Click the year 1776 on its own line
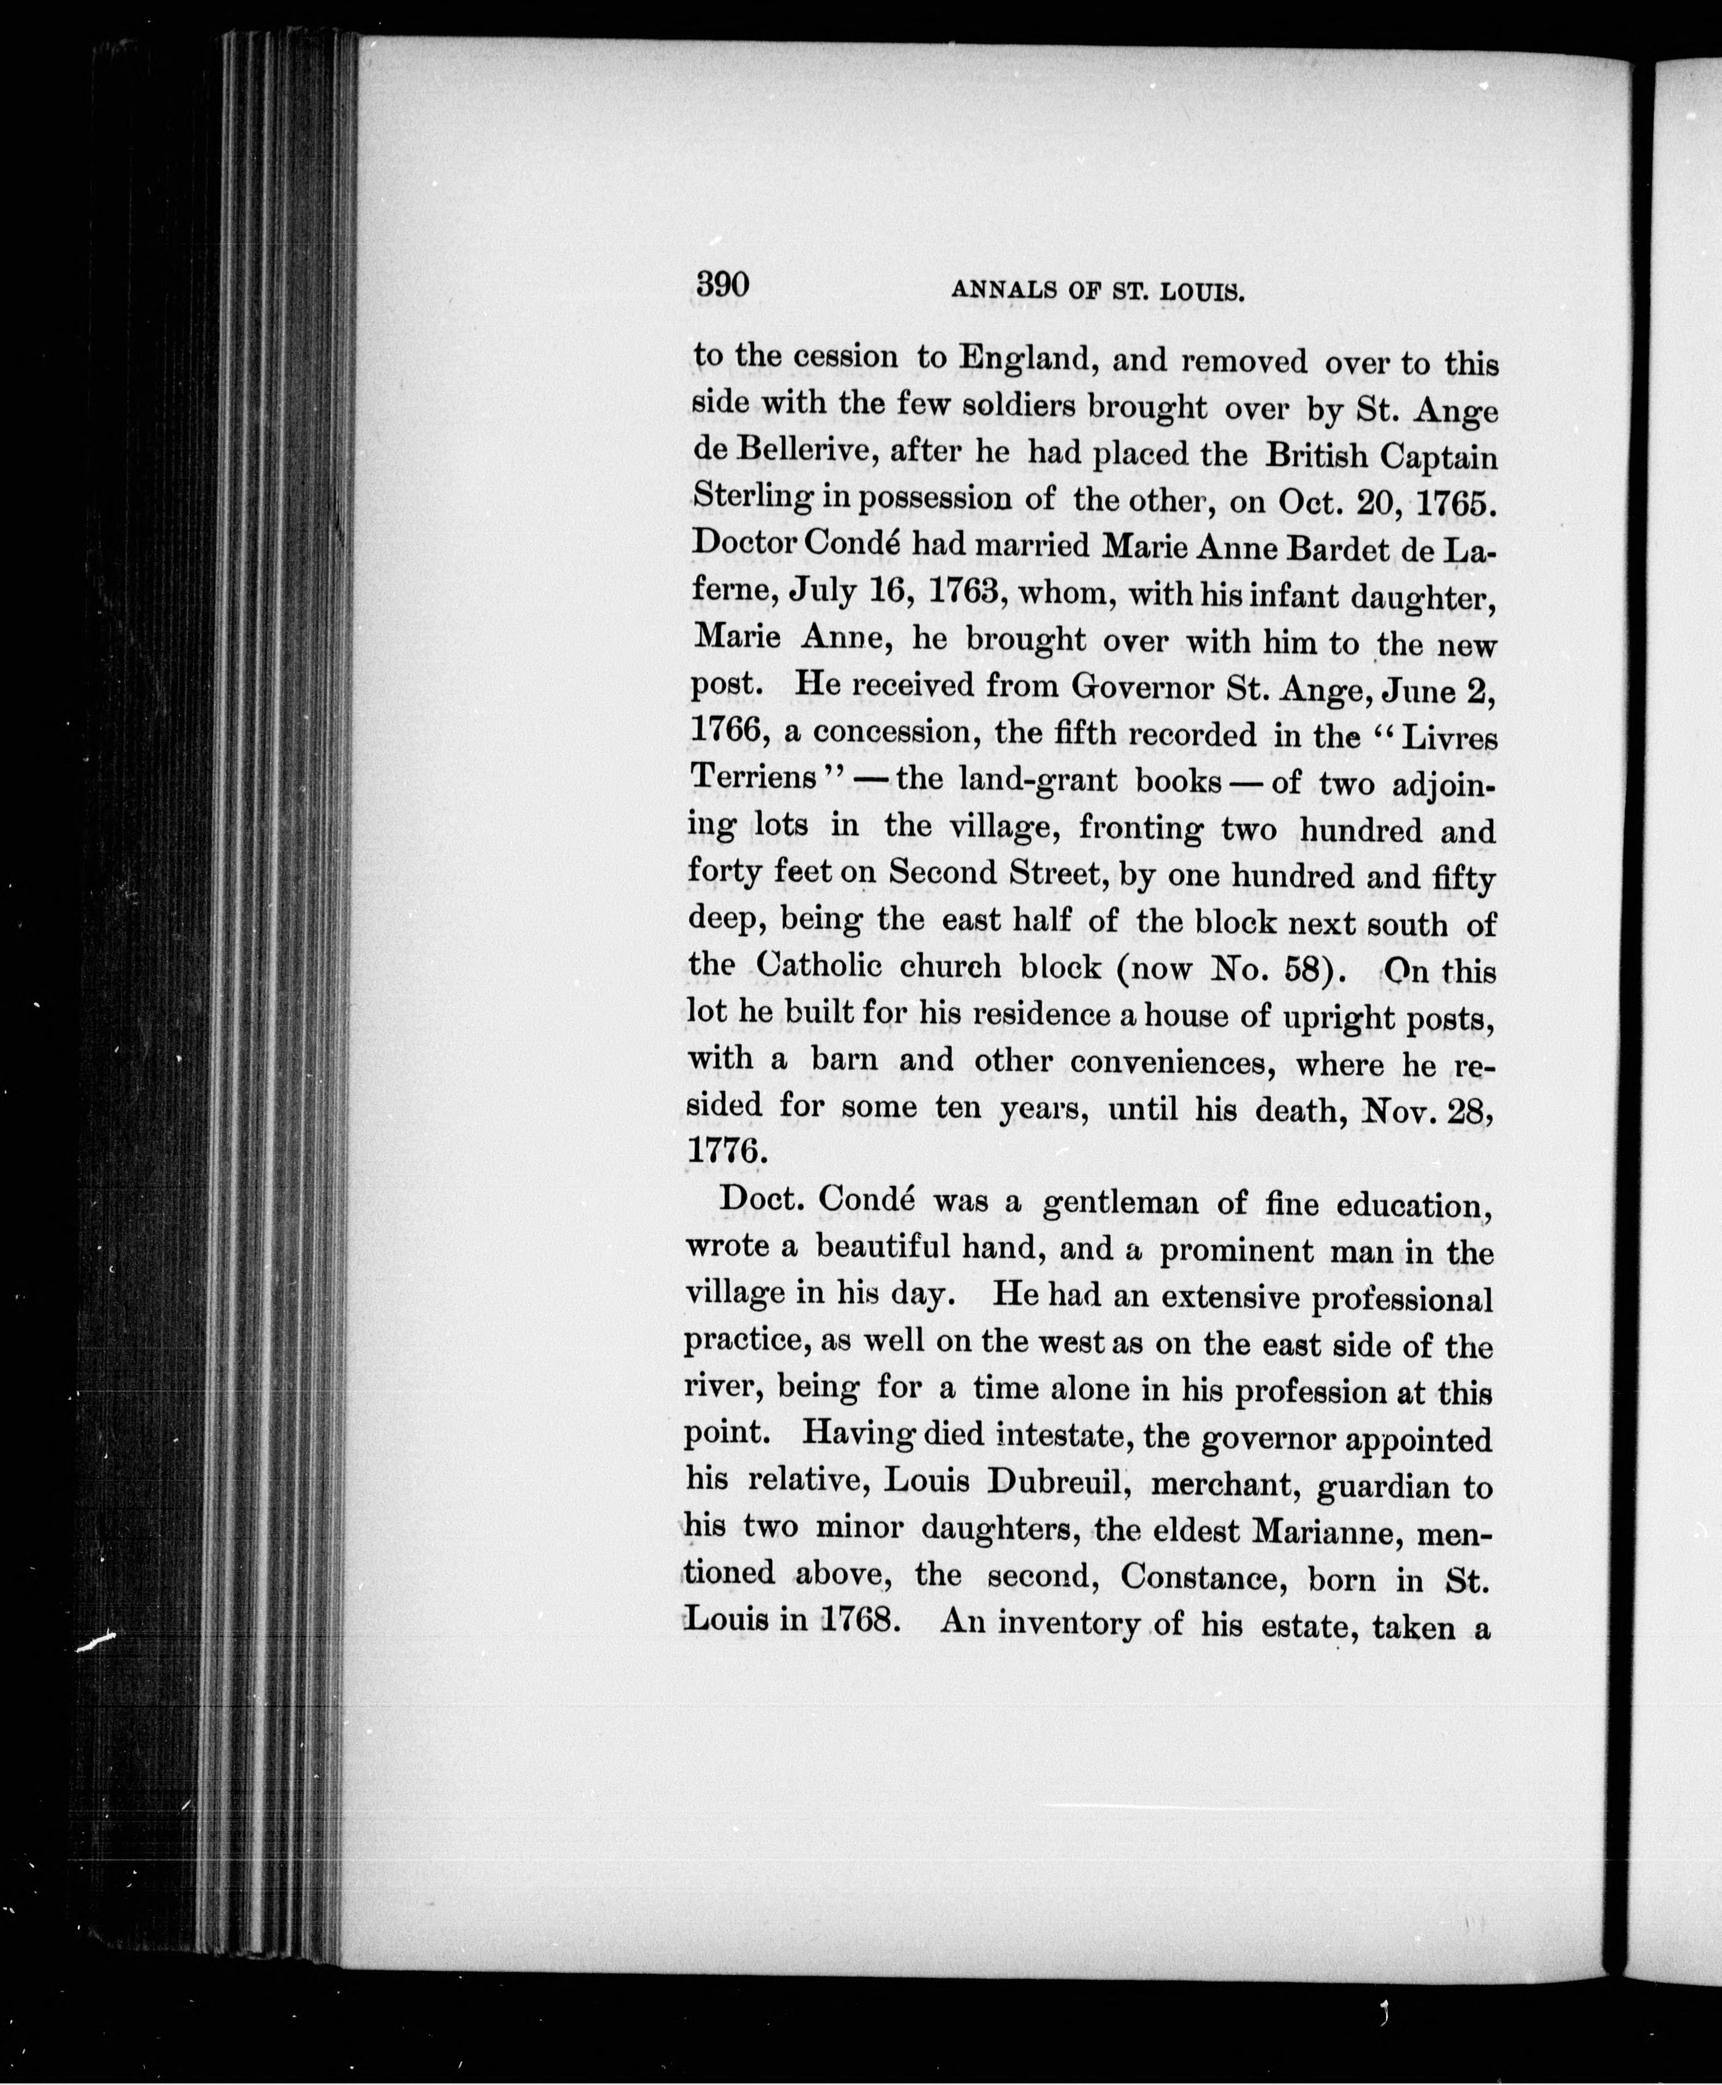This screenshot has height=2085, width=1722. click(x=727, y=1151)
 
